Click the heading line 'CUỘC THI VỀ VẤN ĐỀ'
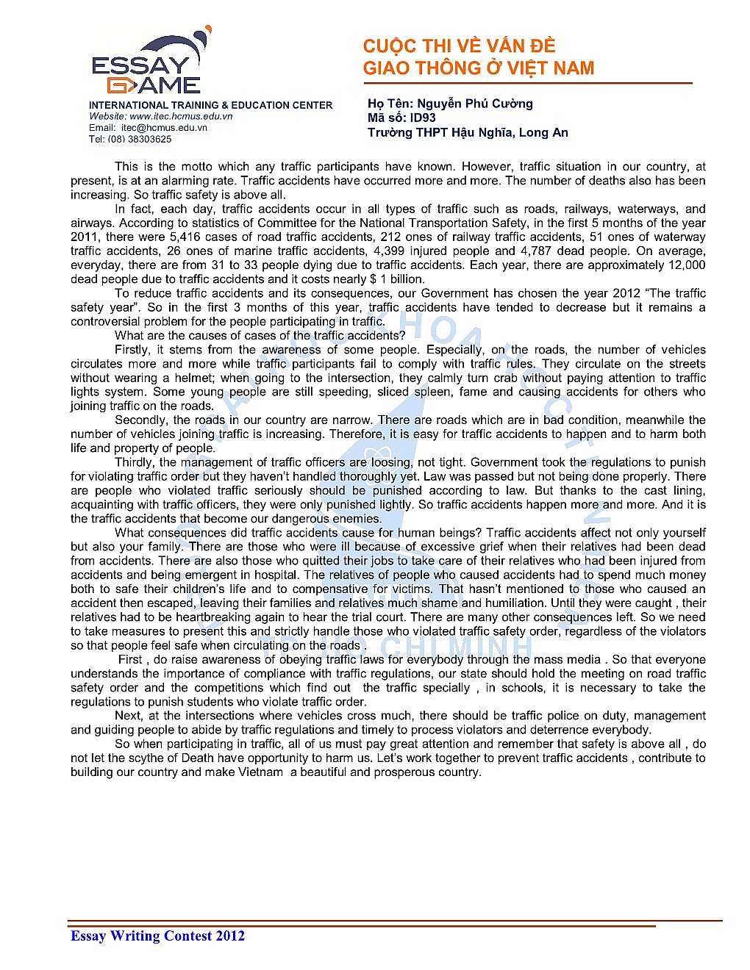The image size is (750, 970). (459, 46)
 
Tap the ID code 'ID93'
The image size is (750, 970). (423, 118)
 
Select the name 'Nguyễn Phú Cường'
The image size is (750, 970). (474, 104)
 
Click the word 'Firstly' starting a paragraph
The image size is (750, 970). (133, 350)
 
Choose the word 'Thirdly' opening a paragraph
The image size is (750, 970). (135, 462)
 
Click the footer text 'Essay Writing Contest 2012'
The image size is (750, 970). (157, 935)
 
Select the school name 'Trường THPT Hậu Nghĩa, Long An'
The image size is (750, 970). (468, 132)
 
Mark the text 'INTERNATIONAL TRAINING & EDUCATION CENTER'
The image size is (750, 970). (210, 105)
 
